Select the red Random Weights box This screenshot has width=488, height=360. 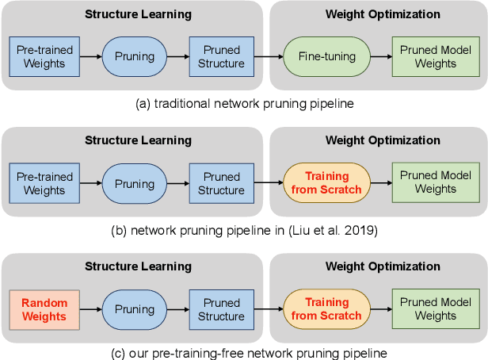[44, 309]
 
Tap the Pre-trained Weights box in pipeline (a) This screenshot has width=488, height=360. [44, 56]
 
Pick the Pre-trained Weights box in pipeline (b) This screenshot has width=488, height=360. [44, 183]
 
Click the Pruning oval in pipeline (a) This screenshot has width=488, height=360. [134, 56]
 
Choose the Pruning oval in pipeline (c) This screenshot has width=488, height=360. [134, 309]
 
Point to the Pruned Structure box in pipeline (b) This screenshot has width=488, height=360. [223, 183]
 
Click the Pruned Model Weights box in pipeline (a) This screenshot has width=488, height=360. [435, 56]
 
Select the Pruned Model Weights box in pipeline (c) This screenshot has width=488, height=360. [435, 309]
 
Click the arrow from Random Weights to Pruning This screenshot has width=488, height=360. [90, 309]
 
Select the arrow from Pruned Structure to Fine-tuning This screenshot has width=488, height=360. [269, 56]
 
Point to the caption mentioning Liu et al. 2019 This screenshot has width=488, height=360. [243, 232]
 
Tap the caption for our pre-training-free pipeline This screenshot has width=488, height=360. [243, 352]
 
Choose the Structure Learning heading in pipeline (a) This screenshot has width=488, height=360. [138, 13]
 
